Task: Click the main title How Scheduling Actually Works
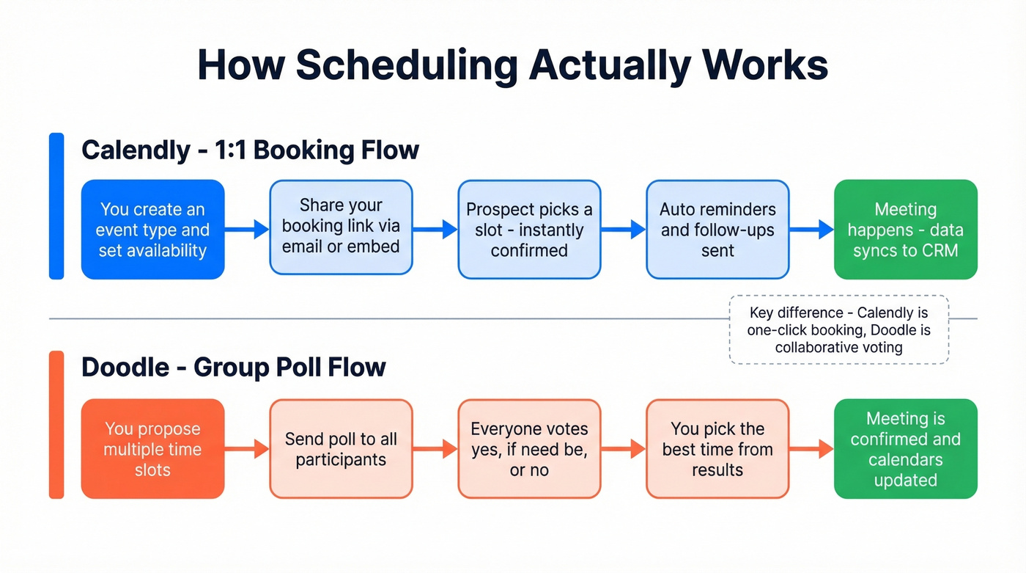coord(512,66)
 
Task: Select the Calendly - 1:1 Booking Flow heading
coord(250,150)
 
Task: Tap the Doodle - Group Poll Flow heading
coord(233,367)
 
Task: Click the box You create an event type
coord(152,230)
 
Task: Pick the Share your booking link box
coord(341,227)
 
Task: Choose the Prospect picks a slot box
coord(529,230)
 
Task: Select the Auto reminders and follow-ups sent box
coord(717,230)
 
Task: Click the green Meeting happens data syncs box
coord(905,230)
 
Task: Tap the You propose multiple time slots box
coord(152,449)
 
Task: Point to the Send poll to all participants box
coord(341,449)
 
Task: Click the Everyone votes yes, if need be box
coord(529,449)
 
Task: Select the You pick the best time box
coord(717,449)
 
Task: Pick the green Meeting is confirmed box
coord(905,449)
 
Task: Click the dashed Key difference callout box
coord(838,330)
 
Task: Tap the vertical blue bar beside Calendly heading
coord(56,206)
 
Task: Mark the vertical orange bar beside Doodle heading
coord(56,425)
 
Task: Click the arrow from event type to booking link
coord(247,230)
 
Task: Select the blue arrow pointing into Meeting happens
coord(811,230)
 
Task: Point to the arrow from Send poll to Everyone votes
coord(435,449)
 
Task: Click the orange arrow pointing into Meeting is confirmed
coord(811,449)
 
